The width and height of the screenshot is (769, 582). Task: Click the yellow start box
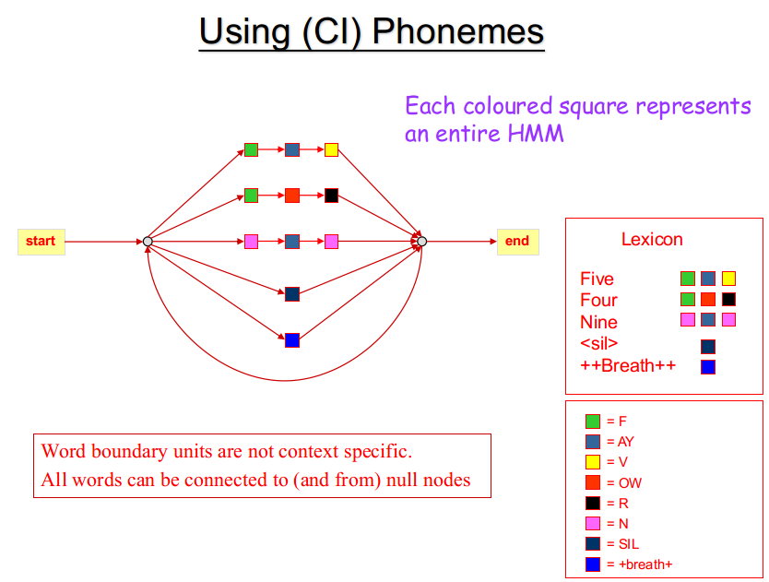[x=41, y=242]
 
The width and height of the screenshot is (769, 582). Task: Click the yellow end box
[x=518, y=242]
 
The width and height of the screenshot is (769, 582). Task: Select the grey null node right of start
[x=148, y=242]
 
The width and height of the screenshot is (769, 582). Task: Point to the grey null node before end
[x=421, y=242]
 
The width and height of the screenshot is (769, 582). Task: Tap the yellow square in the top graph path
[x=332, y=149]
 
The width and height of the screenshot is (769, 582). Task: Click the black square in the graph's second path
[x=332, y=196]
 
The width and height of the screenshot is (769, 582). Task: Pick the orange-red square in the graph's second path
[x=292, y=196]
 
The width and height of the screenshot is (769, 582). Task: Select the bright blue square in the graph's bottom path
[x=292, y=340]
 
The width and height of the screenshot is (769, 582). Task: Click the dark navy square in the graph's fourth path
[x=292, y=294]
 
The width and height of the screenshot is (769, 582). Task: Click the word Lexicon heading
[x=652, y=239]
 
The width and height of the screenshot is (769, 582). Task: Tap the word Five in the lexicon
[x=597, y=279]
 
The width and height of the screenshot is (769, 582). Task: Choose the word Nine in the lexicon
[x=598, y=322]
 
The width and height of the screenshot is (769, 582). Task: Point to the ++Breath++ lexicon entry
[x=628, y=365]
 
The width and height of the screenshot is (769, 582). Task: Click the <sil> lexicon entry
[x=598, y=343]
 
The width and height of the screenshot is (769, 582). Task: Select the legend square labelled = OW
[x=593, y=482]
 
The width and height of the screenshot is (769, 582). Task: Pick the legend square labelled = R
[x=593, y=503]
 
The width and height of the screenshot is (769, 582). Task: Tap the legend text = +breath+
[x=640, y=564]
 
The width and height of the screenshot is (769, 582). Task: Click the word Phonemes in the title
[x=458, y=31]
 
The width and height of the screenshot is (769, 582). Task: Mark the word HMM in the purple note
[x=536, y=133]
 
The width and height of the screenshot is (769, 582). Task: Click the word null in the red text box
[x=402, y=480]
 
